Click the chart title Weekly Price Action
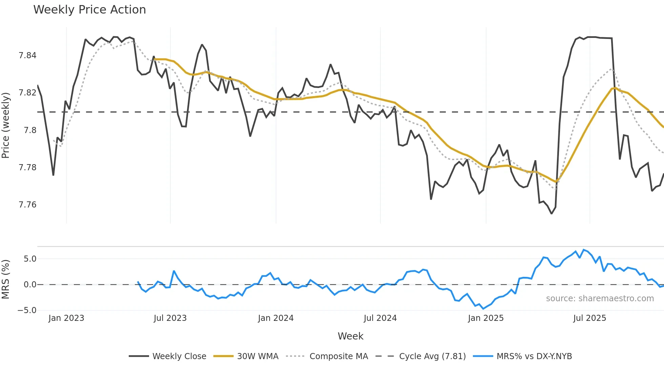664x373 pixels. point(89,10)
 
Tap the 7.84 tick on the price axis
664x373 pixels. point(27,56)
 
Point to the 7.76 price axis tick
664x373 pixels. point(27,205)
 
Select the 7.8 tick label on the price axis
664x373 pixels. point(30,130)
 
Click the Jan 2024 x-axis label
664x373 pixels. point(275,318)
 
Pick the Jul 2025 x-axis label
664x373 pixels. point(589,318)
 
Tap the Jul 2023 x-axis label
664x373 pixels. point(170,318)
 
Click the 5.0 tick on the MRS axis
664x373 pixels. point(30,259)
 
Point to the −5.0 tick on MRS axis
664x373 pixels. point(27,310)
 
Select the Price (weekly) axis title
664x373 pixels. point(5,125)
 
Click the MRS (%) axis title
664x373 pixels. point(5,279)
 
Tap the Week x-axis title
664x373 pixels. point(350,336)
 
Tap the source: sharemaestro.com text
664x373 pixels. point(600,299)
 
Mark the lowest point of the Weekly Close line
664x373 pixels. point(552,214)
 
